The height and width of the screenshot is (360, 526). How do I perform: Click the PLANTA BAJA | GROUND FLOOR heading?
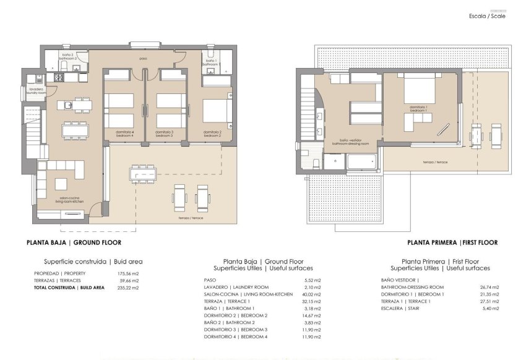click(74, 242)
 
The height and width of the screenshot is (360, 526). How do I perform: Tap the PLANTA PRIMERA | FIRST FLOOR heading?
click(452, 242)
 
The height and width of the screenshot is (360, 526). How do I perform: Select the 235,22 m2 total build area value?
click(128, 288)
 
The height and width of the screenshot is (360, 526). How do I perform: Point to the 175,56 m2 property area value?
click(128, 273)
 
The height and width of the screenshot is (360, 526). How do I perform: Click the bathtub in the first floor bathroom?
click(361, 163)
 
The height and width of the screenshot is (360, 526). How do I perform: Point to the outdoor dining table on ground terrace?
click(142, 174)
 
